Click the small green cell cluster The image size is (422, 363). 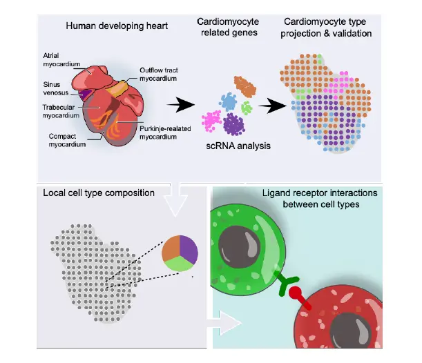pos(247,107)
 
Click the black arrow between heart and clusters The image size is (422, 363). pos(181,105)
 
